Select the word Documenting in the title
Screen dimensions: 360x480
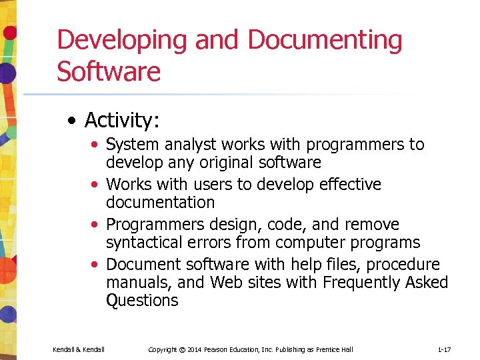pos(325,41)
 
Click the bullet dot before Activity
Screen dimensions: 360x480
pos(71,121)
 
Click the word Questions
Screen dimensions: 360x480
pos(142,301)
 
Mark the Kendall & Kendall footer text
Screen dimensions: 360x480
pos(78,349)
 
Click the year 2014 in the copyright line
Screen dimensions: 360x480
pos(194,349)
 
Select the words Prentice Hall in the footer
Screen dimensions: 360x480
pos(336,349)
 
